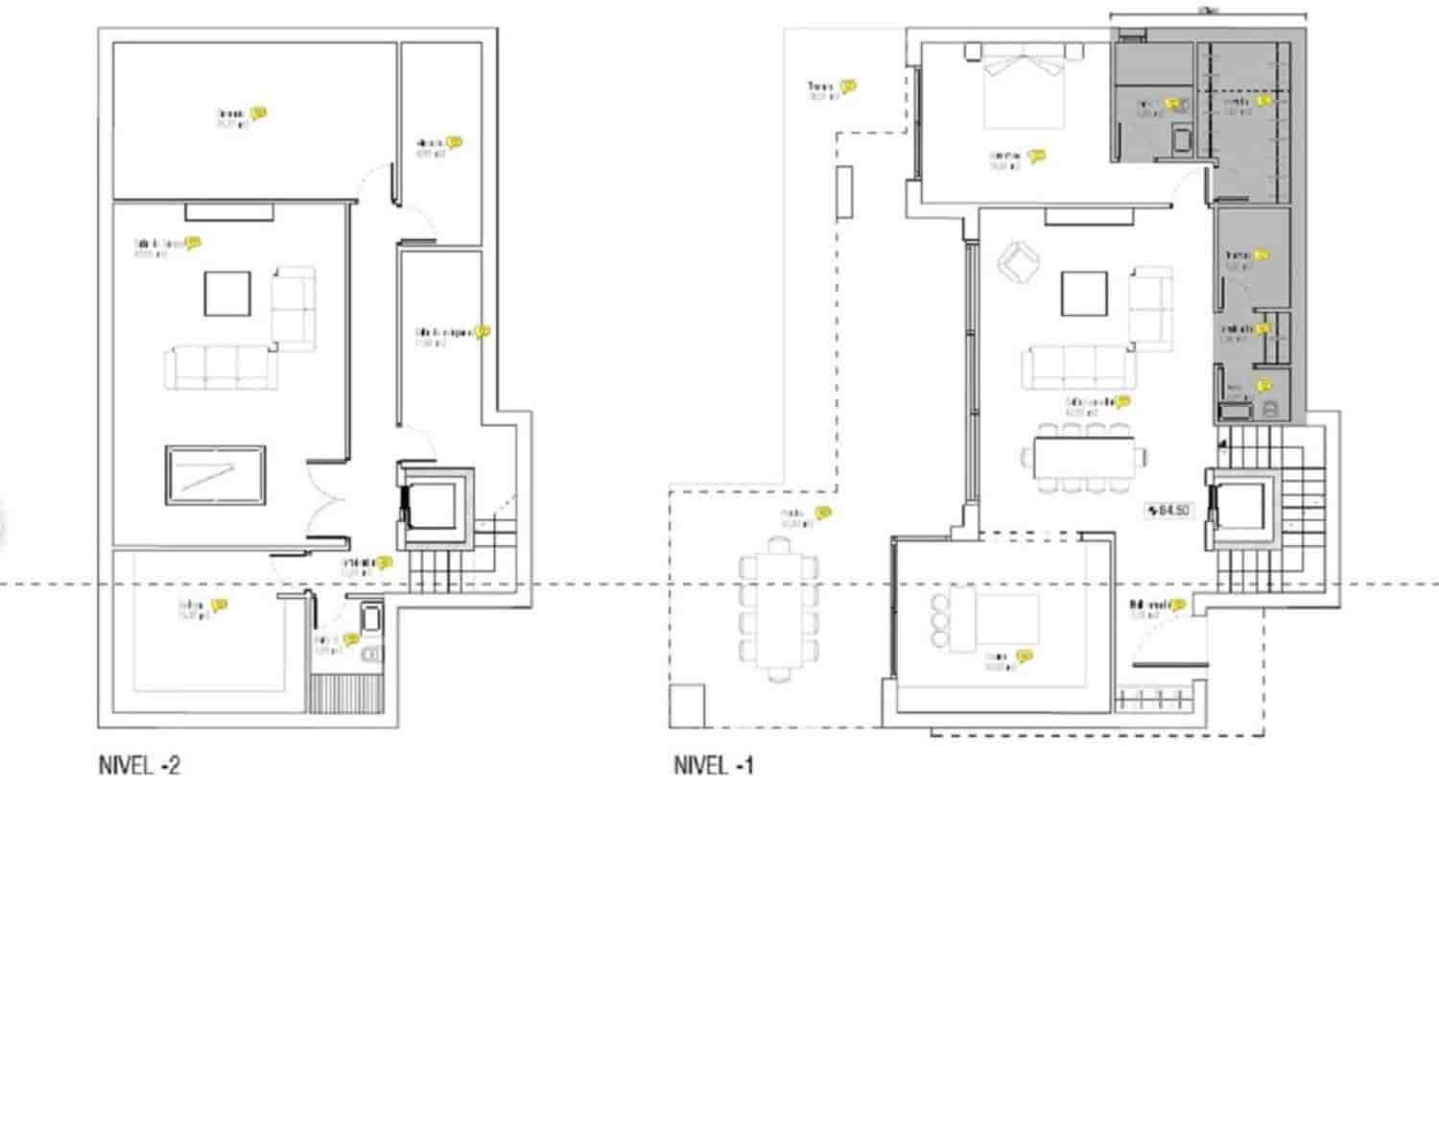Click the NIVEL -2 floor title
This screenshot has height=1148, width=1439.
coord(139,766)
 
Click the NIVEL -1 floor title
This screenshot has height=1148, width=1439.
coord(714,766)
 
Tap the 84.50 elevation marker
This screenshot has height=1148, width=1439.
coord(1168,511)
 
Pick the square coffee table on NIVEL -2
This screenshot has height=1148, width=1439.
coord(227,294)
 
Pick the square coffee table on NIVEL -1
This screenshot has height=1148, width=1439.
coord(1084,294)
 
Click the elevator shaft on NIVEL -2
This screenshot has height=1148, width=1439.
coord(436,505)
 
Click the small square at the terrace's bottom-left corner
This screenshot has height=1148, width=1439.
coord(687,706)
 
